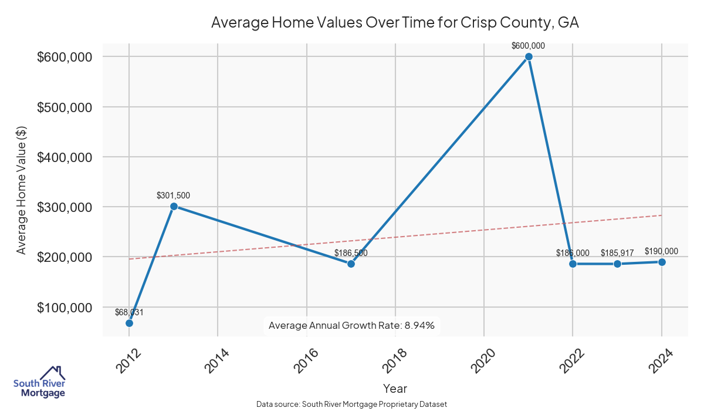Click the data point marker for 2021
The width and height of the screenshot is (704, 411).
click(x=529, y=56)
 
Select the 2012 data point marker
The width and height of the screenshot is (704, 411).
click(x=129, y=323)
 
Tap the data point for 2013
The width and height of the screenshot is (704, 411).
click(x=174, y=206)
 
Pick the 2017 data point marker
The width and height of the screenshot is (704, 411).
click(x=351, y=264)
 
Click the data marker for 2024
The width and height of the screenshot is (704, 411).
click(x=662, y=262)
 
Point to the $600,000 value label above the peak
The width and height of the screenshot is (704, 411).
click(x=529, y=45)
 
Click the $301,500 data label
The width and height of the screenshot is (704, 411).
click(x=173, y=196)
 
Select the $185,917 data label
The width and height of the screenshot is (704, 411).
click(x=617, y=252)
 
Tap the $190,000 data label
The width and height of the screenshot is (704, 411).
click(x=661, y=251)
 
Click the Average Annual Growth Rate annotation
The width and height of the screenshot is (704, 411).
click(x=351, y=325)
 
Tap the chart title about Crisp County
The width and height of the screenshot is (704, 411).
click(x=395, y=22)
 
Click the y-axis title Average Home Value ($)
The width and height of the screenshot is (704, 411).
click(x=22, y=190)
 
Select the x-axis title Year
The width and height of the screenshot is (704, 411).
click(x=395, y=388)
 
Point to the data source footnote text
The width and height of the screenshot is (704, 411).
click(x=352, y=405)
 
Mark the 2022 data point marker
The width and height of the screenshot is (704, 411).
click(x=573, y=264)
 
